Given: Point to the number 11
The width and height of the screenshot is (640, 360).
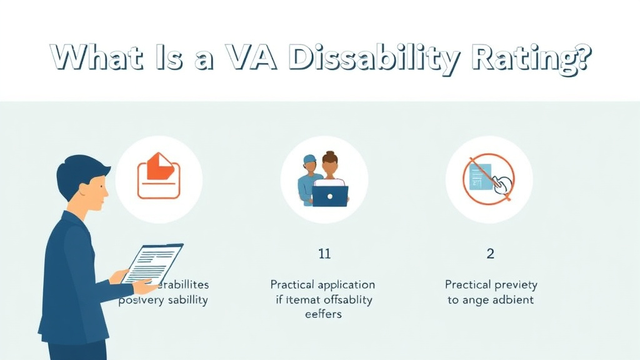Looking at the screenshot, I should coord(324,254).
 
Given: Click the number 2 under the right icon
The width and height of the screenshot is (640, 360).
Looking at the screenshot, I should coord(491,254).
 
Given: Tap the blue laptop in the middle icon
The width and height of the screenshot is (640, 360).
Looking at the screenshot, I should coord(329,196).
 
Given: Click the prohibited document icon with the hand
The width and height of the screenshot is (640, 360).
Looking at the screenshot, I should coord(489,178).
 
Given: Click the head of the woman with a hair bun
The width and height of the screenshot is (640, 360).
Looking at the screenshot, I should coord(329,165).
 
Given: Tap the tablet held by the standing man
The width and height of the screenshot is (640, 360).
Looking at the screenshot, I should coord(153,263).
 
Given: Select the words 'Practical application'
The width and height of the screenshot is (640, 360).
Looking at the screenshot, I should coord(322,284).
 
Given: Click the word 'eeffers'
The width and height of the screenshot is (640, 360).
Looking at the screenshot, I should coord(324,314).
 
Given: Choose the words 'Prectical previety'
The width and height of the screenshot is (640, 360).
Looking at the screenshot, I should coord(491,284).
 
